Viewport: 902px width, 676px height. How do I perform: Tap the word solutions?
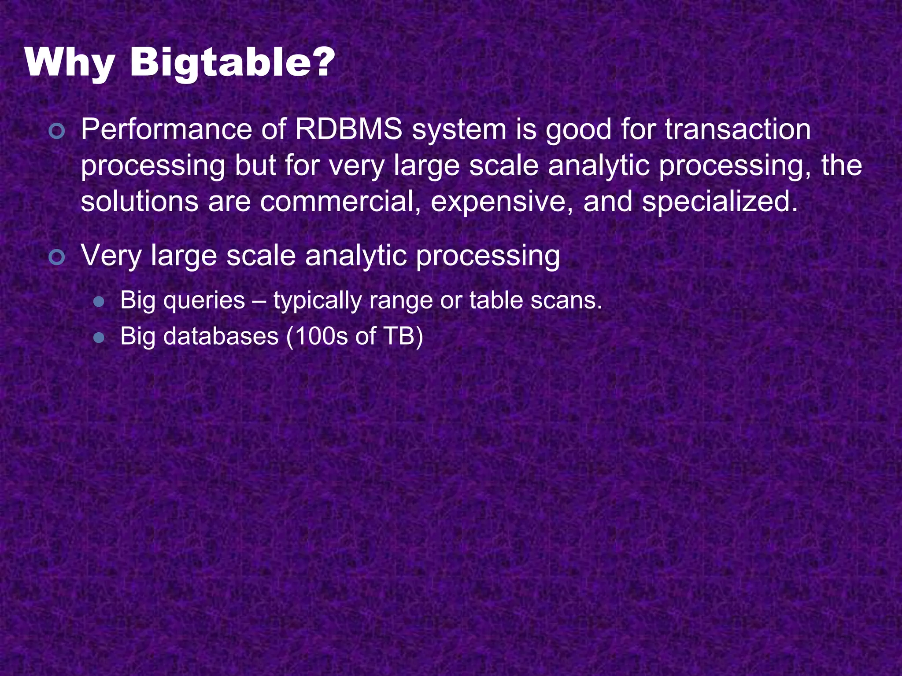pyautogui.click(x=140, y=202)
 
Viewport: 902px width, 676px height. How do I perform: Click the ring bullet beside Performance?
pyautogui.click(x=57, y=132)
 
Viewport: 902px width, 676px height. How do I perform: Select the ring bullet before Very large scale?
pyautogui.click(x=57, y=257)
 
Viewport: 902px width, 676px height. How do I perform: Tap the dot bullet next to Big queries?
pyautogui.click(x=99, y=302)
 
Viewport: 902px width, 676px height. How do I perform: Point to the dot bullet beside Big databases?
pyautogui.click(x=99, y=338)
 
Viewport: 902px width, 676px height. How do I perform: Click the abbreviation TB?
pyautogui.click(x=399, y=336)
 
